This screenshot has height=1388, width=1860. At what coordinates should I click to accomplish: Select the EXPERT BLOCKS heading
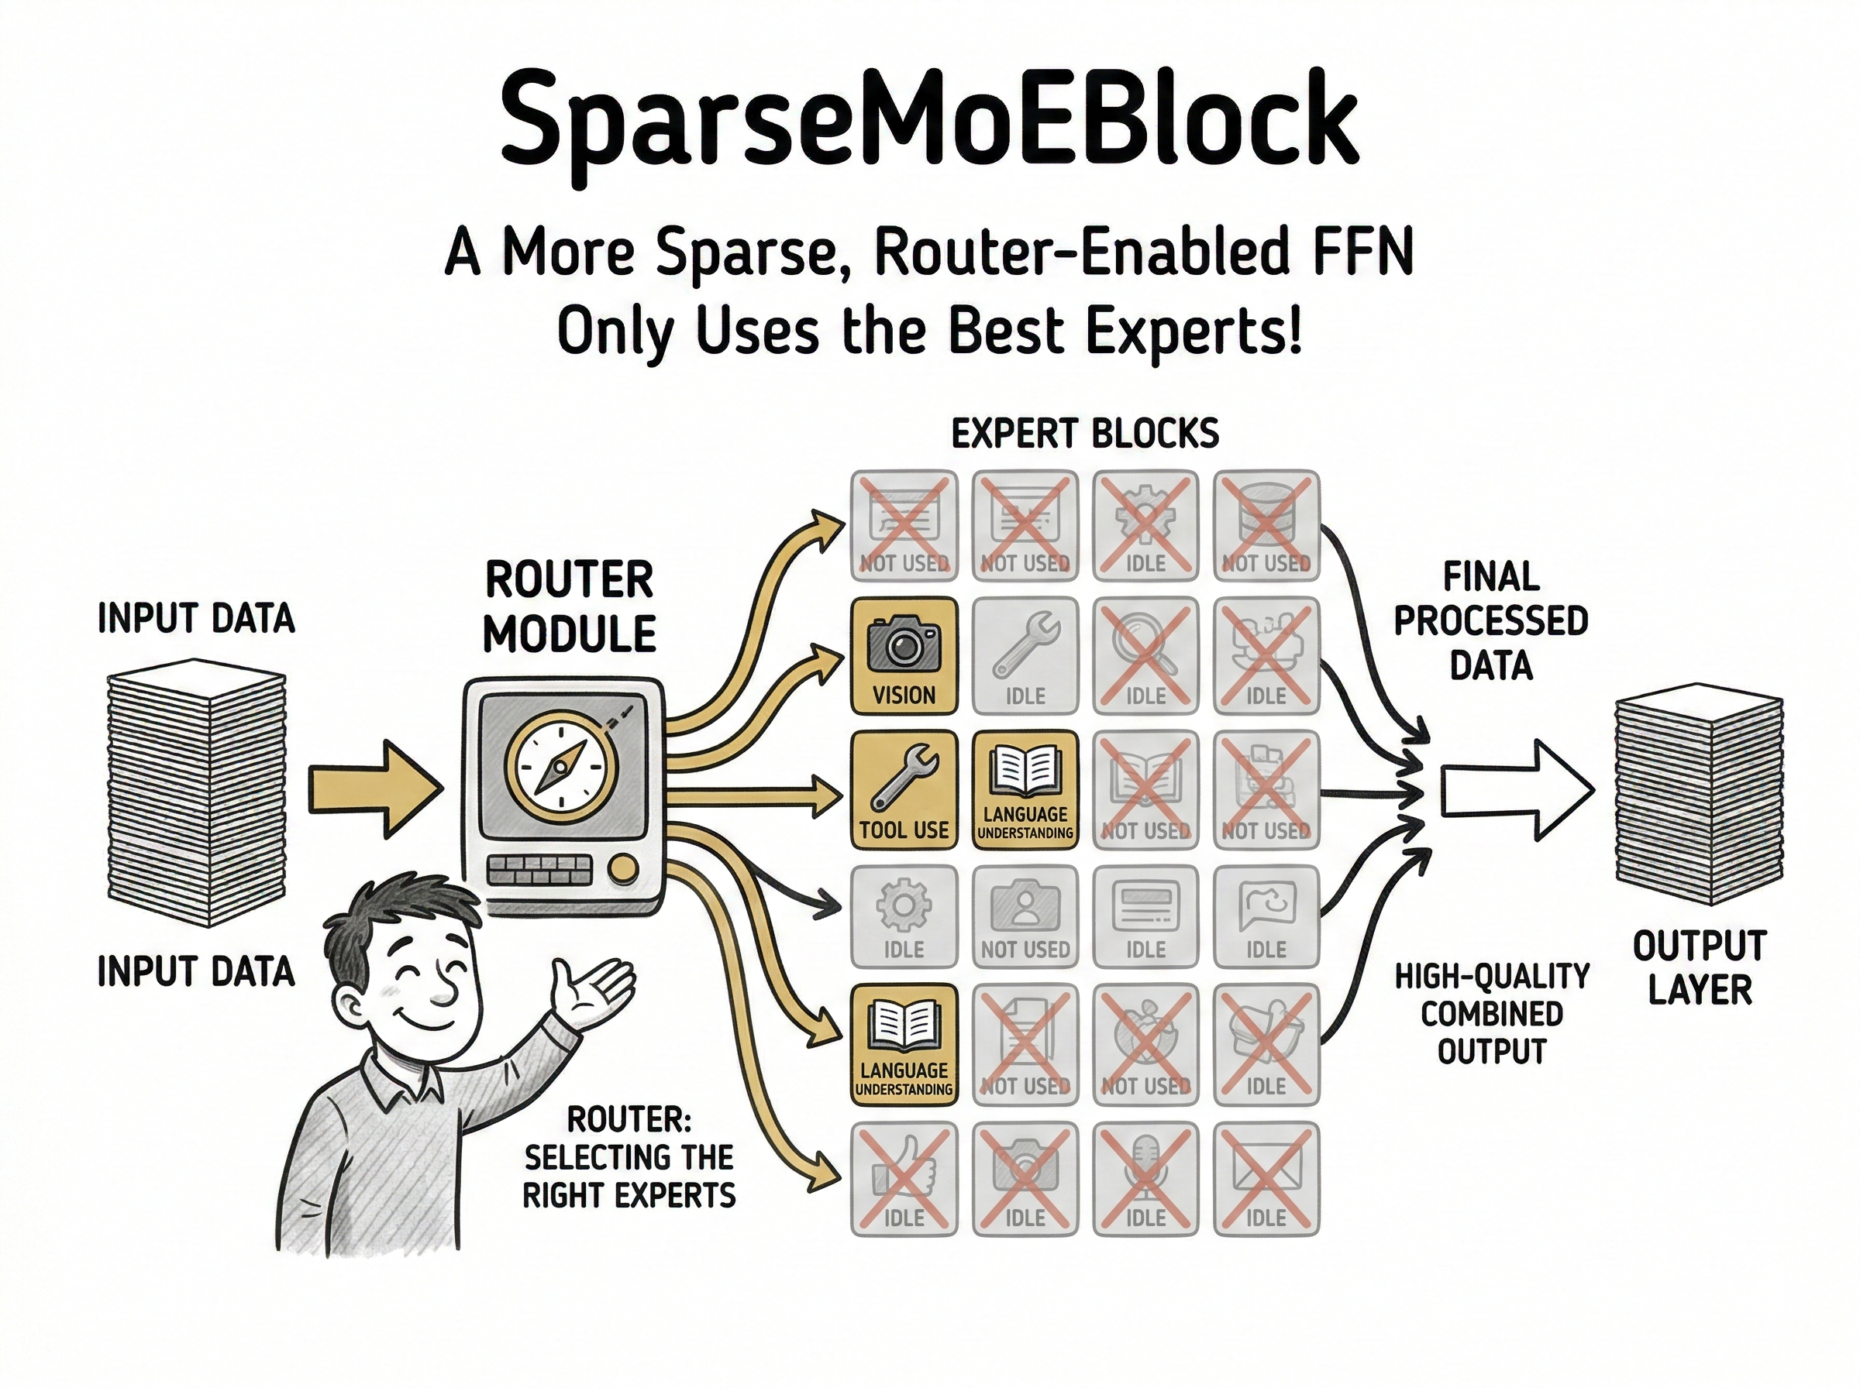[x=1084, y=435]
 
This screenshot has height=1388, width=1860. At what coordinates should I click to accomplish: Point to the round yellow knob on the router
[x=623, y=870]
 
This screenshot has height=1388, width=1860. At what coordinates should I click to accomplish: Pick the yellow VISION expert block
[x=904, y=655]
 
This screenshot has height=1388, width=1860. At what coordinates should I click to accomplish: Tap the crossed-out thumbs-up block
[x=904, y=1179]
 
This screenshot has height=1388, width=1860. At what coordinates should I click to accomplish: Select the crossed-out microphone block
[x=1145, y=1179]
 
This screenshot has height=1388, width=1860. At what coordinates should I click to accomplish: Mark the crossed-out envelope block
[x=1266, y=1179]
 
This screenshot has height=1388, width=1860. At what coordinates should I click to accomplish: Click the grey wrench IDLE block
[x=1025, y=655]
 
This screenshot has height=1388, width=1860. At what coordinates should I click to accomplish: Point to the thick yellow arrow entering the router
[x=374, y=789]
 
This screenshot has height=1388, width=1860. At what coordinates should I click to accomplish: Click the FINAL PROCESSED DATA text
[x=1491, y=621]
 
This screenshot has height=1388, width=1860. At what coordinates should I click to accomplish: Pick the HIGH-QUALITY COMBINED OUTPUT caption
[x=1491, y=1014]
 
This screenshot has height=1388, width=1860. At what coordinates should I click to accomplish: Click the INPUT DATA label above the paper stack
[x=196, y=618]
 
